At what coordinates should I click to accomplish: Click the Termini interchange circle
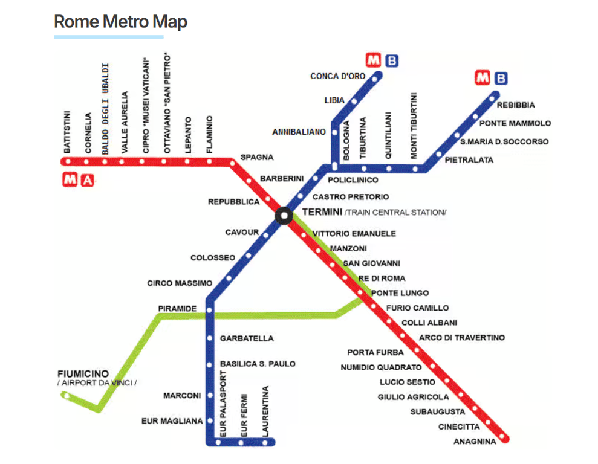pos(283,216)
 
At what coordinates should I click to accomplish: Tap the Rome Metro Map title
pos(120,22)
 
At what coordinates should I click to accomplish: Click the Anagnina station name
pos(475,442)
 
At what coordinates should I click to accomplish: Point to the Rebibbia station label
pos(516,105)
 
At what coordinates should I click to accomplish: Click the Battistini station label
pos(67,131)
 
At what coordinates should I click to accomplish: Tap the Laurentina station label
pos(264,411)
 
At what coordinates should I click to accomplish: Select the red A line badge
pos(88,179)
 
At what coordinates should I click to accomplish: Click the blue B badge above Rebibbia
pos(501,78)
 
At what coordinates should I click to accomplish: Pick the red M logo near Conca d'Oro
pos(374,60)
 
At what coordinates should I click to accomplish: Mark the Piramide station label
pos(177,309)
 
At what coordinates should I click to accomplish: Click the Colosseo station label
pos(213,258)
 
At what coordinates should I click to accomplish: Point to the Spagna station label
pos(257,158)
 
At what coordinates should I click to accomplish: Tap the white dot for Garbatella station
pos(210,338)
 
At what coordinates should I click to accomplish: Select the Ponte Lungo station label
pos(400,293)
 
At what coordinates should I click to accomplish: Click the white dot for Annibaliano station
pos(333,132)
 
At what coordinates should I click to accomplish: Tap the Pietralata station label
pos(469,160)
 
